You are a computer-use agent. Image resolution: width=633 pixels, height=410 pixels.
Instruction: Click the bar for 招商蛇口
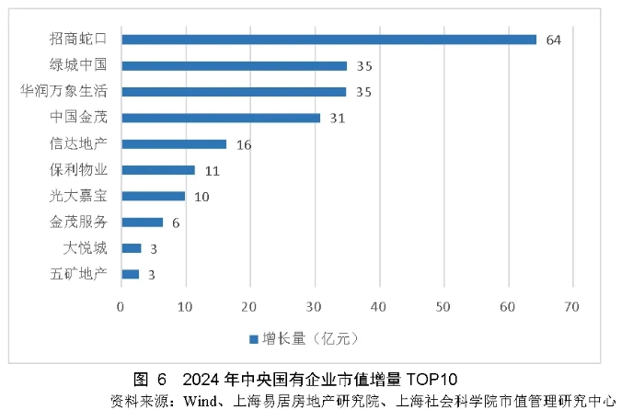(328, 40)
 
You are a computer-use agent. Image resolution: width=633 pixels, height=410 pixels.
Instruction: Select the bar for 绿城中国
(234, 65)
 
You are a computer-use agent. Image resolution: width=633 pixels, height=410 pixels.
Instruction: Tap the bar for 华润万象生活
(234, 92)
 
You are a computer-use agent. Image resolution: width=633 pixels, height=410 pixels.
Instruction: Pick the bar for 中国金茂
(221, 118)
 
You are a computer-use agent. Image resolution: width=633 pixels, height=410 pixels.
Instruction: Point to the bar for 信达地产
(174, 143)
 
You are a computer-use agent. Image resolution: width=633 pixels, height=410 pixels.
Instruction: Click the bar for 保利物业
(158, 170)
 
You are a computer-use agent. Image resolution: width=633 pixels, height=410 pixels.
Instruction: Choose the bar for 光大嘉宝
(154, 196)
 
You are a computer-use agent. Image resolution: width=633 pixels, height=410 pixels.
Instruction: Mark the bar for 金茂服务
(142, 222)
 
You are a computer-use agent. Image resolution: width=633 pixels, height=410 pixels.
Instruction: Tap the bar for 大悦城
(132, 248)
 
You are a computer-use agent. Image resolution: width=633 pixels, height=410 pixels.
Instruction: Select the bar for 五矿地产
(131, 274)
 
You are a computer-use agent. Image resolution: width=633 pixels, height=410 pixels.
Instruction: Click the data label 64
(553, 40)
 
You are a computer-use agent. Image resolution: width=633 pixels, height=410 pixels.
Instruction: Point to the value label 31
(338, 118)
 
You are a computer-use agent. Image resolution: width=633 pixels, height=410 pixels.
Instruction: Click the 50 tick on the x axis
(443, 307)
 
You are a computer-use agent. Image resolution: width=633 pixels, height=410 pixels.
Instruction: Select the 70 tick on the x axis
(572, 307)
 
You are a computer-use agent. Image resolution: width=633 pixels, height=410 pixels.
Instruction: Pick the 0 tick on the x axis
(121, 307)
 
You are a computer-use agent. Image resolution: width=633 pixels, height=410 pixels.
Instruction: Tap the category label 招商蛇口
(78, 40)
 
